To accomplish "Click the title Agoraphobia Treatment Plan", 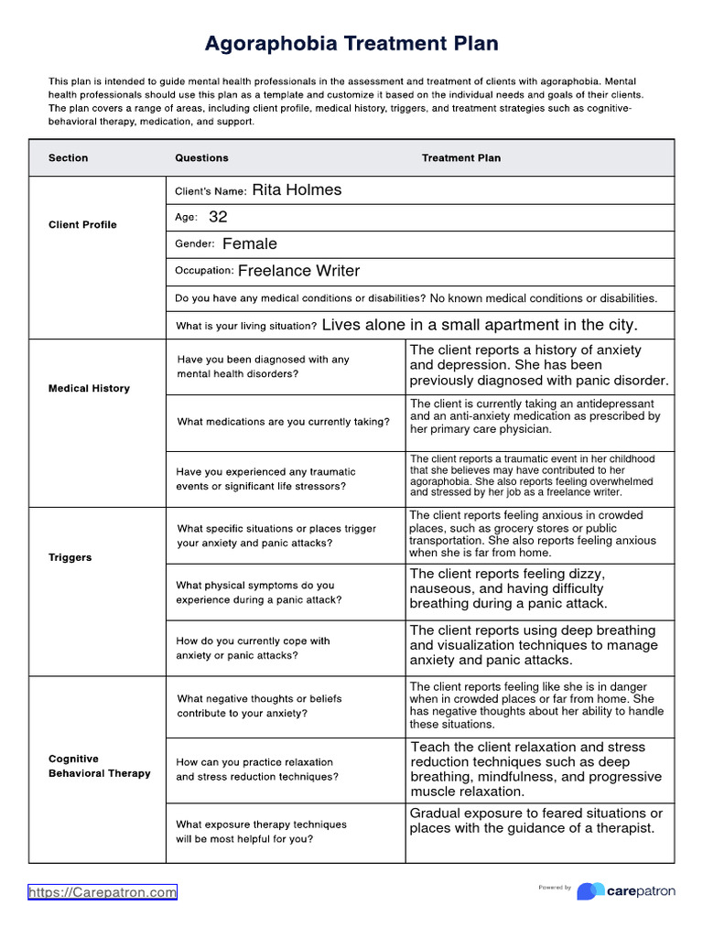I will (x=351, y=43).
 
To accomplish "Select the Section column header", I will (x=69, y=158).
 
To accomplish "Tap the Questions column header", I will (x=201, y=158).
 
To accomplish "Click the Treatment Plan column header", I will (x=461, y=158).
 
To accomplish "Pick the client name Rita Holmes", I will (x=297, y=190).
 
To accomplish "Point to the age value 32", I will (x=218, y=217).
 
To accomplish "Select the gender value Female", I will (x=249, y=244).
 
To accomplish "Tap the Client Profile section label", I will (x=82, y=225).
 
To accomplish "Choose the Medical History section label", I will (x=89, y=389).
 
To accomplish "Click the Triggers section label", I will (x=70, y=557).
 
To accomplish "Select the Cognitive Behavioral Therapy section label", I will (x=99, y=766).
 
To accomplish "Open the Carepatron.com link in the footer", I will (x=103, y=892).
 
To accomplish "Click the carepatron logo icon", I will (x=590, y=890).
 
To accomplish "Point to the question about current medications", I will (x=283, y=422).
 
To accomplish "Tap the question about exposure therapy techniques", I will (x=261, y=831).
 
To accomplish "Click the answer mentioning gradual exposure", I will (x=535, y=821).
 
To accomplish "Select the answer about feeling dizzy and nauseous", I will (x=508, y=588).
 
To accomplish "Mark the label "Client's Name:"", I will (x=211, y=191).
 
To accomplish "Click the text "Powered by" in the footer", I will (x=555, y=888).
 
